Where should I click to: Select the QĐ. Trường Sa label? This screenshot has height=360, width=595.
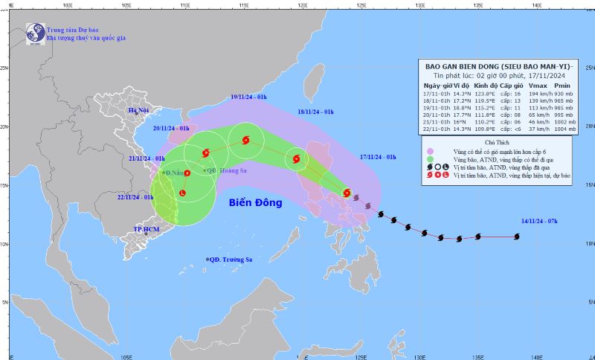click(231, 259)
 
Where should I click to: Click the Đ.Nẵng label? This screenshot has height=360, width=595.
click(177, 173)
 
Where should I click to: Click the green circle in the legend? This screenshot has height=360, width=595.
click(429, 159)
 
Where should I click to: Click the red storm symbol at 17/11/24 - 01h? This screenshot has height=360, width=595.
click(347, 193)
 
